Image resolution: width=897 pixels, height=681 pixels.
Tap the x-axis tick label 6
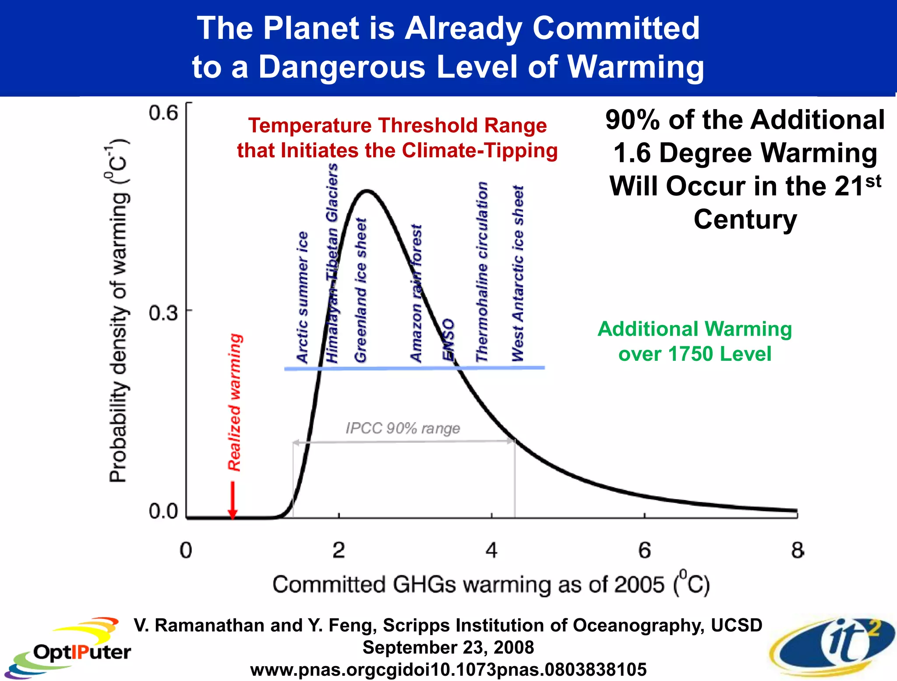(x=644, y=550)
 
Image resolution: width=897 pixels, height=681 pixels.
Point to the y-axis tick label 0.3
(x=163, y=313)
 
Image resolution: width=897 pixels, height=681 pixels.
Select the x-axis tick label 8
(x=797, y=550)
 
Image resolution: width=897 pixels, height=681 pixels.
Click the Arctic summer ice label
(x=302, y=298)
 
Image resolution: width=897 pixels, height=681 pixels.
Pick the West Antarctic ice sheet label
(x=518, y=274)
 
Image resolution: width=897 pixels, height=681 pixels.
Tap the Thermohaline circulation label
(x=482, y=272)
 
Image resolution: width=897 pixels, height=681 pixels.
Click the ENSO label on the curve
(x=448, y=339)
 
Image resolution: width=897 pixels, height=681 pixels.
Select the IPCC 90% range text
(x=403, y=428)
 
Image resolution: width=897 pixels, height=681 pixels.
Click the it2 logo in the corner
(x=832, y=646)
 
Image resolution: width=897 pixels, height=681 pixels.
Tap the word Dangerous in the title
(x=342, y=67)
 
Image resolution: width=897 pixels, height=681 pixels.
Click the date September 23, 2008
(x=448, y=647)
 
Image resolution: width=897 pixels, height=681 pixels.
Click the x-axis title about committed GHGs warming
(x=491, y=584)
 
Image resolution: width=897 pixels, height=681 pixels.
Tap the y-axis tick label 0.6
(x=163, y=113)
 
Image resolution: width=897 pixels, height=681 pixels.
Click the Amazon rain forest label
(x=417, y=293)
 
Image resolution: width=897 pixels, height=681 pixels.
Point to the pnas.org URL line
(x=448, y=669)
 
